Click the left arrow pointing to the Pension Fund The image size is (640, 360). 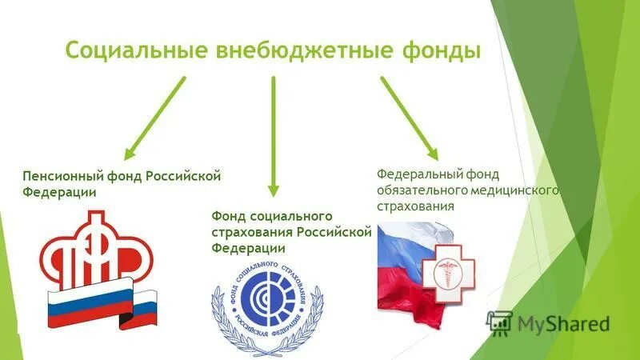(155, 116)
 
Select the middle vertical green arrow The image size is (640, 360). (274, 136)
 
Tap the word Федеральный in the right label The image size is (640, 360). (414, 173)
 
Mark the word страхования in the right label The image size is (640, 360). (415, 206)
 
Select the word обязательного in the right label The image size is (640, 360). (421, 190)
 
